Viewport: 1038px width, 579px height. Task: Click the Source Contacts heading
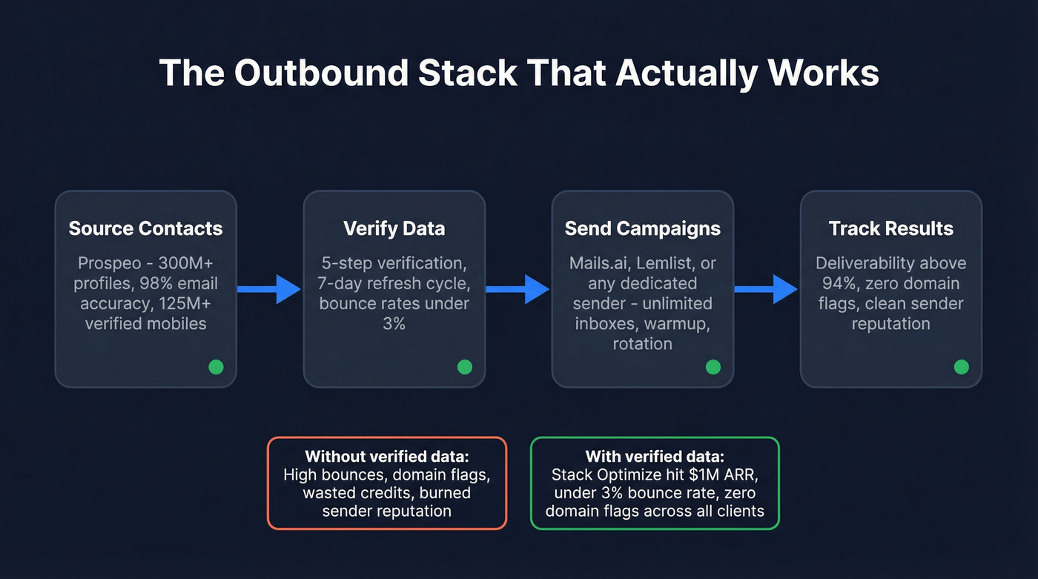tap(145, 228)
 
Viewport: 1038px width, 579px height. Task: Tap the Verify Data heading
tap(394, 228)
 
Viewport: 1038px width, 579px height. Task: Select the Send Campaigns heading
tap(642, 228)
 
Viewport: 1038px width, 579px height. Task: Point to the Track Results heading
tap(890, 228)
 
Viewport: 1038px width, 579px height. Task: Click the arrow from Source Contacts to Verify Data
tap(270, 288)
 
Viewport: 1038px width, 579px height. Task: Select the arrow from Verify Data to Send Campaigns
tap(518, 288)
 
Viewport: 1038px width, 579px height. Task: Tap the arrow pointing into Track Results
tap(767, 288)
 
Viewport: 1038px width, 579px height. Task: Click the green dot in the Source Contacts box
tap(216, 366)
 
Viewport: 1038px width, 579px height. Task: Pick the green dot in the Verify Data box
tap(464, 366)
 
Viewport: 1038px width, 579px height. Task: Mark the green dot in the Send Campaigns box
tap(713, 366)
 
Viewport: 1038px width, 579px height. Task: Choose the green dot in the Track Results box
tap(961, 366)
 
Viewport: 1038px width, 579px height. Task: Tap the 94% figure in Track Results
tap(833, 283)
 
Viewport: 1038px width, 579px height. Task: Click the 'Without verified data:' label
tap(386, 457)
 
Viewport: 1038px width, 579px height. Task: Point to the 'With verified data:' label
tap(655, 457)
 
